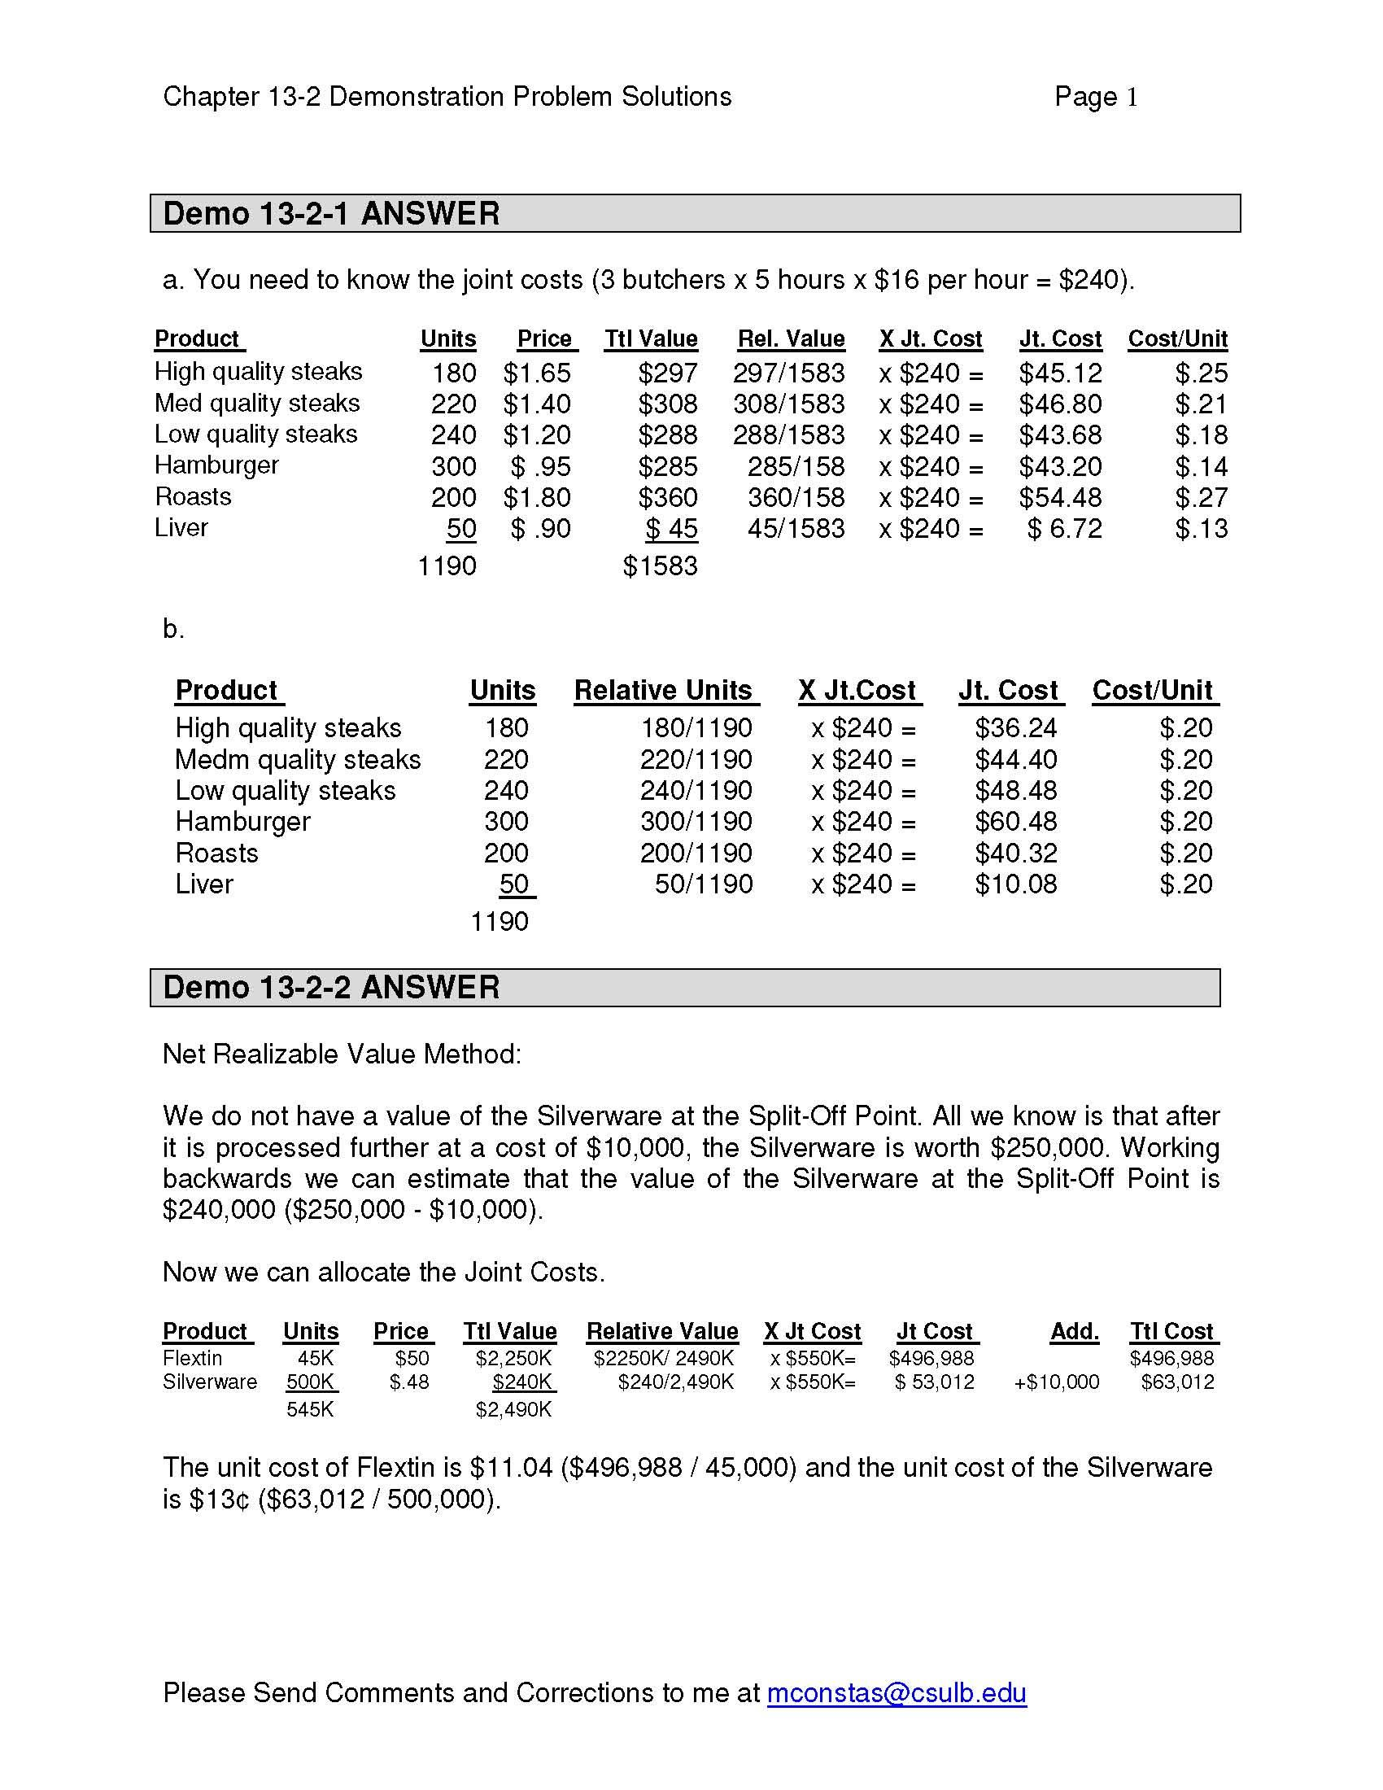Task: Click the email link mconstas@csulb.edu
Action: point(897,1692)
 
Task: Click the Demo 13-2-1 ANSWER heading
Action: point(331,214)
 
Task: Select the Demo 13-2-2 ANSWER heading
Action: point(331,988)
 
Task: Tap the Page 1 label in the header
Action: point(1096,97)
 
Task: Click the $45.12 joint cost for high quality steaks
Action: point(1060,373)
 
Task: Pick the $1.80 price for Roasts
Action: point(537,497)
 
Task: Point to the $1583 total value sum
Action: point(660,565)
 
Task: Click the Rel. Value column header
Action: point(791,339)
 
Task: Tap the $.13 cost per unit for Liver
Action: point(1201,529)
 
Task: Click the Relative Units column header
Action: point(663,690)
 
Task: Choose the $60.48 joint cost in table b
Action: point(1016,821)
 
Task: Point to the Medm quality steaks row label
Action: point(298,760)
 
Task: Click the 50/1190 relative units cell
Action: point(703,884)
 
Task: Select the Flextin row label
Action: point(193,1358)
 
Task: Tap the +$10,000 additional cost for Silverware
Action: point(1056,1382)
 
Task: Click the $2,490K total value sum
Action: point(513,1410)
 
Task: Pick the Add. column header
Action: point(1074,1332)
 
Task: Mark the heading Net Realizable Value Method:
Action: point(342,1054)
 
